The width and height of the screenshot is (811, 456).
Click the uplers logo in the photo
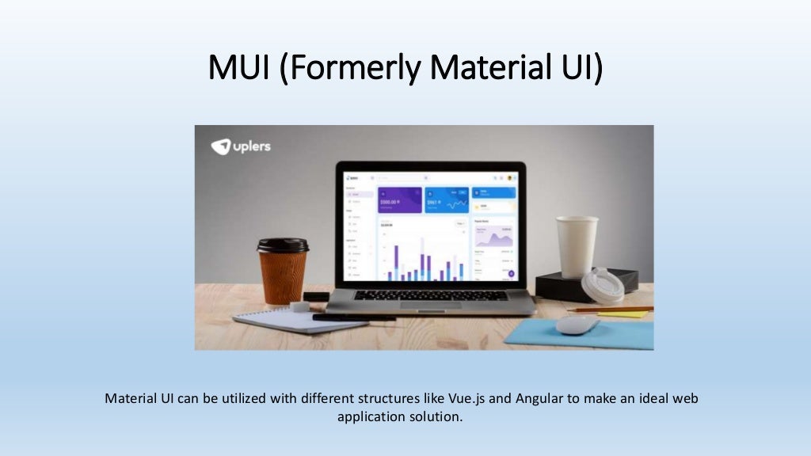pos(241,146)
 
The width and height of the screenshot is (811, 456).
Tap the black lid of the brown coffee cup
pos(283,245)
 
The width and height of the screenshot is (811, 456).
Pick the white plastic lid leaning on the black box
pos(603,286)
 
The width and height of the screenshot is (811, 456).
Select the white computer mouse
pos(578,324)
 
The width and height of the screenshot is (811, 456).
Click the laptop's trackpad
pos(430,305)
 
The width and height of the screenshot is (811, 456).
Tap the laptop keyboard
pos(430,294)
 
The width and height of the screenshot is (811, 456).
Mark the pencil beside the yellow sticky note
pos(609,310)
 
